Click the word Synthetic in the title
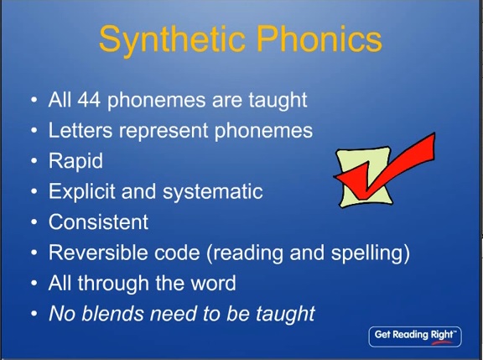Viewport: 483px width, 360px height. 172,39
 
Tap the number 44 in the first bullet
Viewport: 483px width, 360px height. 89,100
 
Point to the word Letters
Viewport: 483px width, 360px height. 80,130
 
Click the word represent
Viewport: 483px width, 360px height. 164,131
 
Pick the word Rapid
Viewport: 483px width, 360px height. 75,161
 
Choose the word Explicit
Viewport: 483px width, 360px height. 81,192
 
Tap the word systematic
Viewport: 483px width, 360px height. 212,192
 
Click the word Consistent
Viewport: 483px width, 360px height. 98,222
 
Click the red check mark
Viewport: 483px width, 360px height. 384,165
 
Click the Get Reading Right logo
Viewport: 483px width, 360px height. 415,337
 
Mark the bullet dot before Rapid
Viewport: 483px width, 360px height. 34,161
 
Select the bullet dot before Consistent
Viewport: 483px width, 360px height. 34,222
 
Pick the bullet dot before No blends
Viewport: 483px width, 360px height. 34,314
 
